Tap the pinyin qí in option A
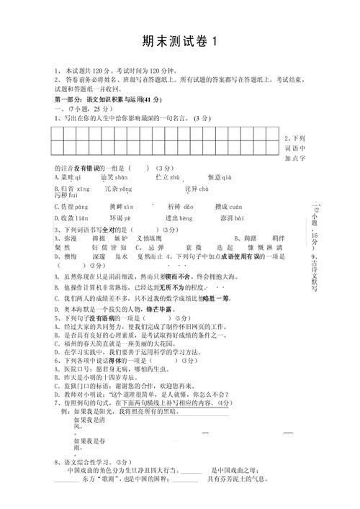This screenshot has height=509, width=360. [x=78, y=177]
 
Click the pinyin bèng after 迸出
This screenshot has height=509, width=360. [x=186, y=218]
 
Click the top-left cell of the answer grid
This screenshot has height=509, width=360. [x=57, y=132]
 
